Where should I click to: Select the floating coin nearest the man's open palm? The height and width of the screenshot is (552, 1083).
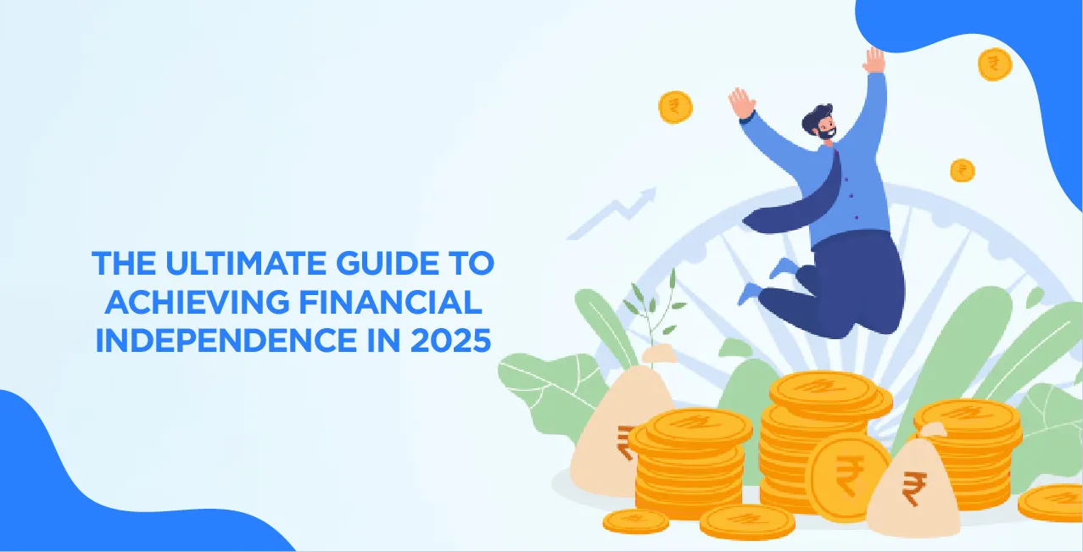point(675,107)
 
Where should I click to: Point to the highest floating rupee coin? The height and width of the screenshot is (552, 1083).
point(994,64)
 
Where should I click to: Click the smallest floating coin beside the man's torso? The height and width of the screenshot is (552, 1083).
point(962,170)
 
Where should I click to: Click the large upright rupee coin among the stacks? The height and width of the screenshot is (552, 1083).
point(846,475)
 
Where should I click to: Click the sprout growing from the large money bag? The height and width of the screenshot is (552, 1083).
point(653,305)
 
